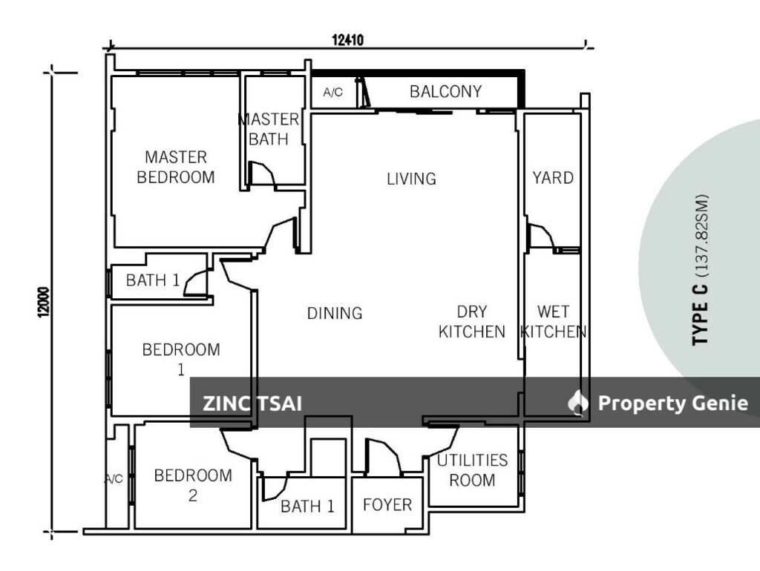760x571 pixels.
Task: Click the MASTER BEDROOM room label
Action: [176, 167]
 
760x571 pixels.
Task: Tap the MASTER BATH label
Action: [269, 129]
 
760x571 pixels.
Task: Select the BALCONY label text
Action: [445, 92]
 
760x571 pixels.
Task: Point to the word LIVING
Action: [411, 179]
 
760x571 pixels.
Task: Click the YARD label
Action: [553, 178]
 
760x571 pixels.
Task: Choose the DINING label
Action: [335, 314]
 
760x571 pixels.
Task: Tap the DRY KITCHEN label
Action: [471, 322]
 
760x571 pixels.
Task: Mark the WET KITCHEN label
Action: [554, 322]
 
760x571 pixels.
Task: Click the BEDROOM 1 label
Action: [181, 359]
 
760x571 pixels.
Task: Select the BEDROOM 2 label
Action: [193, 486]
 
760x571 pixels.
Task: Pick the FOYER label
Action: [387, 505]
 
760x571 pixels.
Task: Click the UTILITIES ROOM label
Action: [472, 470]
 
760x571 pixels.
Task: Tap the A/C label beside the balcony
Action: [333, 93]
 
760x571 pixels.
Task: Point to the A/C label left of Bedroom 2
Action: [114, 480]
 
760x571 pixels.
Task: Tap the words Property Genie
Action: [672, 403]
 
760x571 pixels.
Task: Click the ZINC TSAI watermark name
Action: [252, 404]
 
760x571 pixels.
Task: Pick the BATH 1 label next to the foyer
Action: [307, 507]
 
